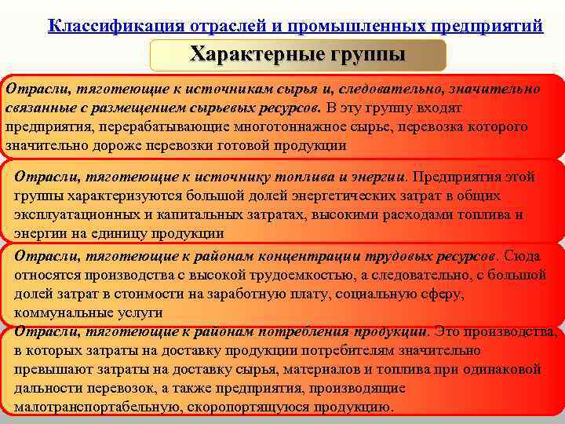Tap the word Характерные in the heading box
point(249,55)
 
